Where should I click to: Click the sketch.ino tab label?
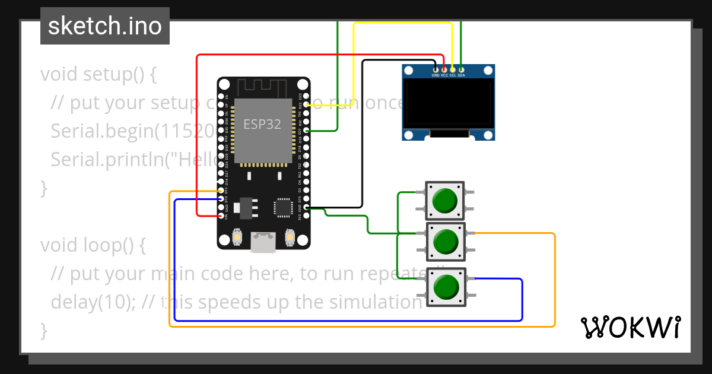click(x=104, y=26)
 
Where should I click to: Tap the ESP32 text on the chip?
click(x=262, y=124)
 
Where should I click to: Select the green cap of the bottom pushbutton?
click(x=445, y=287)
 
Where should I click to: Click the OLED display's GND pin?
click(x=436, y=70)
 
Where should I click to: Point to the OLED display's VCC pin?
click(x=444, y=70)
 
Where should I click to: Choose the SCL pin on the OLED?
click(x=453, y=70)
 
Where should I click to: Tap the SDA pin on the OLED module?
click(x=461, y=70)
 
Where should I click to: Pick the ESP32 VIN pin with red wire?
click(x=221, y=216)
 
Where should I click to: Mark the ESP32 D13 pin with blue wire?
click(x=221, y=199)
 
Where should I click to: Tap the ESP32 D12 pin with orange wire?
click(x=221, y=191)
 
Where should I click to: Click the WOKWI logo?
click(x=631, y=327)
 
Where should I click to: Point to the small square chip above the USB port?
click(x=282, y=207)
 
